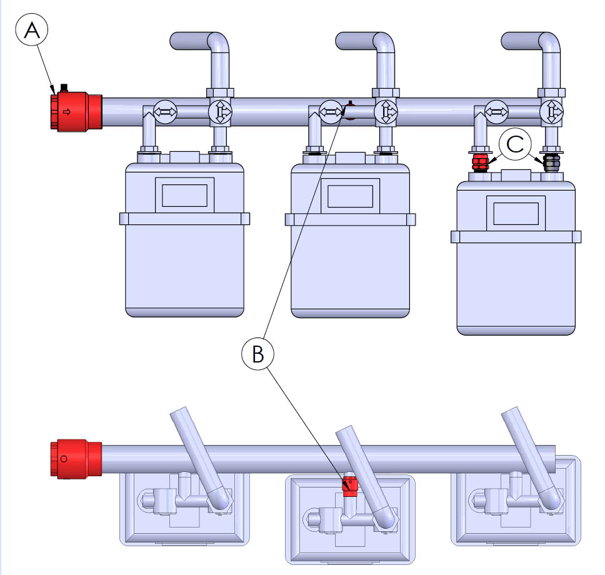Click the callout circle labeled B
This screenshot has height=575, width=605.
tap(257, 354)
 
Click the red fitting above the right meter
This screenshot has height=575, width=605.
tap(479, 164)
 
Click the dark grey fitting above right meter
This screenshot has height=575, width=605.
tap(551, 164)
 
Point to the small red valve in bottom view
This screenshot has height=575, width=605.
tap(349, 485)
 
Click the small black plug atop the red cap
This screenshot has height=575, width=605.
tap(62, 87)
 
